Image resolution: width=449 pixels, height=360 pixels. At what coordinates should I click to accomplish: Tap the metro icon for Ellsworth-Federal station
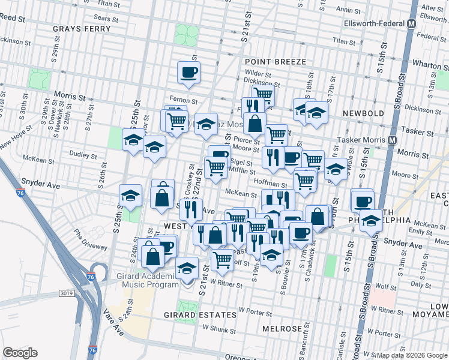(x=412, y=24)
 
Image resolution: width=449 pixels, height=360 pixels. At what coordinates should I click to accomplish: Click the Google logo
(x=20, y=353)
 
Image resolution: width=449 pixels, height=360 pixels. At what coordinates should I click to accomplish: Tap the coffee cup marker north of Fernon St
(x=188, y=73)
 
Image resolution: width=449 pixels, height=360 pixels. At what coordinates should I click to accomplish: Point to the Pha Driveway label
(x=91, y=238)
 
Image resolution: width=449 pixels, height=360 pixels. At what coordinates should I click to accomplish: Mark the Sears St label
(x=102, y=19)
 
